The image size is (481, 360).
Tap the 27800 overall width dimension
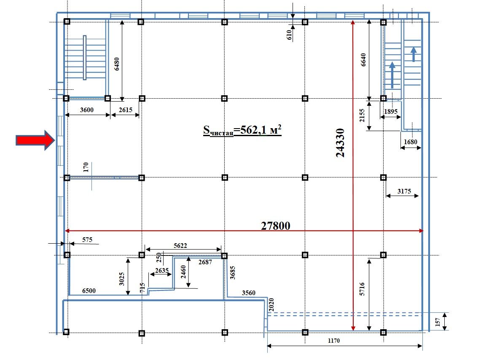[x=276, y=225]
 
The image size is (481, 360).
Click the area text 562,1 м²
[x=242, y=130]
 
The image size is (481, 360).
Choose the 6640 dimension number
[x=363, y=60]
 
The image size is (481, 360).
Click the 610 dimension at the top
[x=290, y=35]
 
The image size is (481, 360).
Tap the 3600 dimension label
[x=86, y=110]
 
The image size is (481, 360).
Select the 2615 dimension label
[x=125, y=110]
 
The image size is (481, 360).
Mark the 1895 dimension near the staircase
[x=391, y=111]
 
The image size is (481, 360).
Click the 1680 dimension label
[x=410, y=142]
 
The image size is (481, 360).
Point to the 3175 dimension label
[x=404, y=191]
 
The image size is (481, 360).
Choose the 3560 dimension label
[x=249, y=293]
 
